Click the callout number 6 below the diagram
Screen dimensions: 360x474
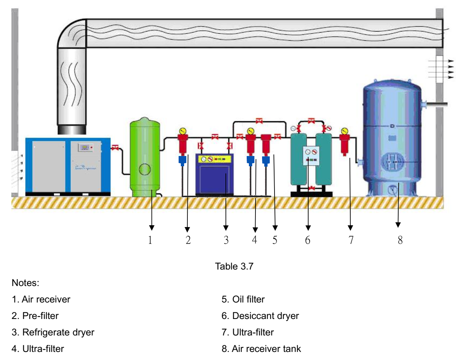point(307,240)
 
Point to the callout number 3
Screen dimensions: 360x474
point(226,240)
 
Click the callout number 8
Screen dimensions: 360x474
point(400,240)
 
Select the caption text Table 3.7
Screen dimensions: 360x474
point(234,266)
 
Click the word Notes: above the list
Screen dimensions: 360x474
point(25,283)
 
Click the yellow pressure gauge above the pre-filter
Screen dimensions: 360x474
point(182,131)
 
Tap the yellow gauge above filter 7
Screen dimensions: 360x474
point(344,131)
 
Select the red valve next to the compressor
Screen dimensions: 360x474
point(115,148)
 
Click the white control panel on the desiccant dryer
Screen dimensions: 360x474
point(311,155)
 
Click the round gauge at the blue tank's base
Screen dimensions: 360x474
point(393,189)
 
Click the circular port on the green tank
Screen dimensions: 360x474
point(145,169)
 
